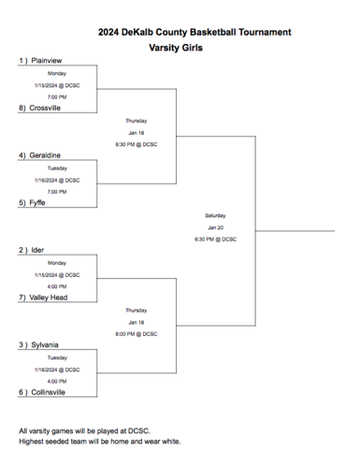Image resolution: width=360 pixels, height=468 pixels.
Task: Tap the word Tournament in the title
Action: tap(258, 31)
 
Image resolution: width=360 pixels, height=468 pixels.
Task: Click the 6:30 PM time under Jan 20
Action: tap(216, 239)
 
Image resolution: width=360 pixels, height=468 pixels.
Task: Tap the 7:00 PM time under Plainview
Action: tap(57, 96)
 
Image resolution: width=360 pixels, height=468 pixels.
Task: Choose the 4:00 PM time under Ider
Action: tap(57, 286)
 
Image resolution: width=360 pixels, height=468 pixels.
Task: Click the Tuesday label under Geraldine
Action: tap(57, 168)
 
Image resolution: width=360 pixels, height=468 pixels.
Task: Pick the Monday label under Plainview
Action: tap(57, 72)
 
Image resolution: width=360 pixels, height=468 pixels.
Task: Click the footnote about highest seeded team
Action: tap(100, 442)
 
